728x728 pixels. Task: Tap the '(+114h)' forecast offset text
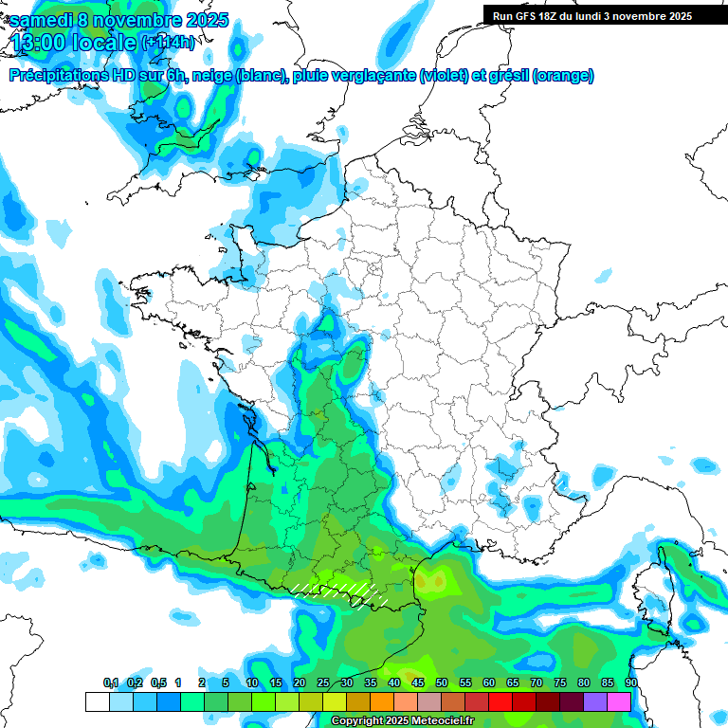click(168, 43)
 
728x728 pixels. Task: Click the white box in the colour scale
click(97, 701)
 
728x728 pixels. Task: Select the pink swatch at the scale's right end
click(619, 701)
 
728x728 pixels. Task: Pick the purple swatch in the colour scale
click(595, 701)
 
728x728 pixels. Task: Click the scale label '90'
click(631, 682)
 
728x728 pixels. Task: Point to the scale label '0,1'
click(111, 682)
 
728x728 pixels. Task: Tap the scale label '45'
click(418, 682)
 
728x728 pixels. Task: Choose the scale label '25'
click(323, 682)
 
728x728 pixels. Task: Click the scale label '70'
click(537, 682)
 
